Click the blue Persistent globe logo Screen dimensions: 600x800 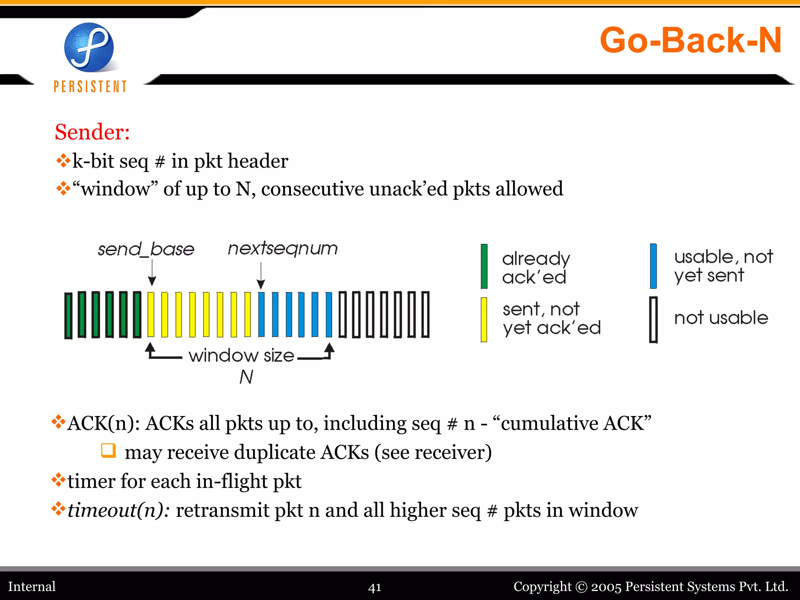(89, 48)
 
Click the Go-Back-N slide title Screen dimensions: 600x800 (690, 40)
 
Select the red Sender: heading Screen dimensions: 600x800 (92, 132)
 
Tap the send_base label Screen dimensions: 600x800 (146, 249)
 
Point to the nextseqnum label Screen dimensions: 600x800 (282, 248)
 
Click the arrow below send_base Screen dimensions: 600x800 (152, 273)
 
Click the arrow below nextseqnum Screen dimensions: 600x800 (261, 276)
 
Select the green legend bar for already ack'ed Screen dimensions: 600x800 (484, 266)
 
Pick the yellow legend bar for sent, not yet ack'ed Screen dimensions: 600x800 (484, 320)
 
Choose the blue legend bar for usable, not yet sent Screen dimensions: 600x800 (653, 266)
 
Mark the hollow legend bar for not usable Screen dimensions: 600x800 (653, 320)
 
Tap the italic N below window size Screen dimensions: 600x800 (246, 377)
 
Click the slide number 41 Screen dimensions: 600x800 (375, 587)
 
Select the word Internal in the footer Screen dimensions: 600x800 (32, 587)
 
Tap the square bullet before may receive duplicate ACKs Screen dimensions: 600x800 (108, 450)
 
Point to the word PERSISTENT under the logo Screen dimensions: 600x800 (90, 87)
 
